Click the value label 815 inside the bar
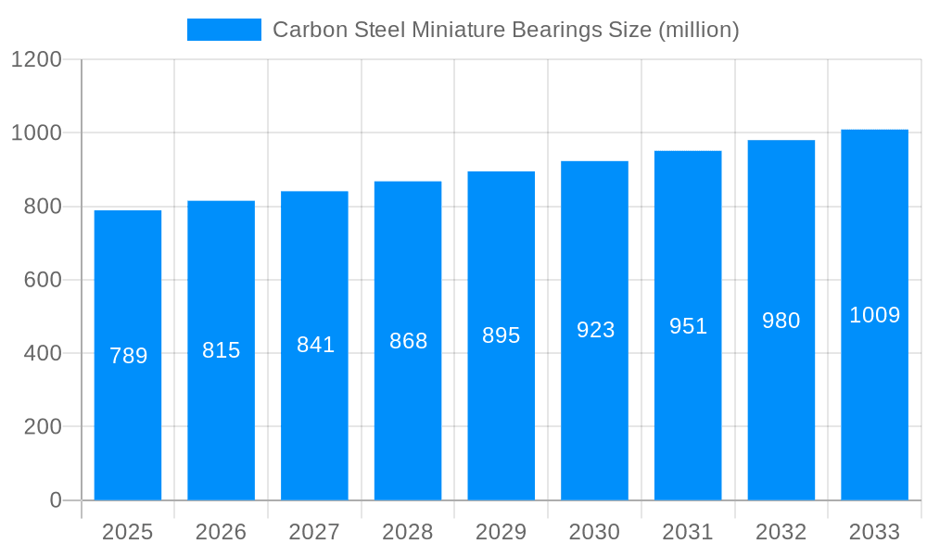click(222, 350)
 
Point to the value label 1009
click(874, 315)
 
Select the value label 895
click(502, 335)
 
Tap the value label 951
click(688, 326)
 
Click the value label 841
click(315, 345)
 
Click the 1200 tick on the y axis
click(36, 60)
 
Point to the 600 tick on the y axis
click(43, 280)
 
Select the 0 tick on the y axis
click(56, 500)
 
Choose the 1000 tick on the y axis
click(36, 133)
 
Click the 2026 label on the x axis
click(222, 532)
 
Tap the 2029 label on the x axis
click(502, 532)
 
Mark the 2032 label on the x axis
click(781, 532)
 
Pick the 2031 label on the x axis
click(688, 532)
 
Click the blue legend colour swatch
click(224, 30)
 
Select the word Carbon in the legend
click(310, 30)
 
